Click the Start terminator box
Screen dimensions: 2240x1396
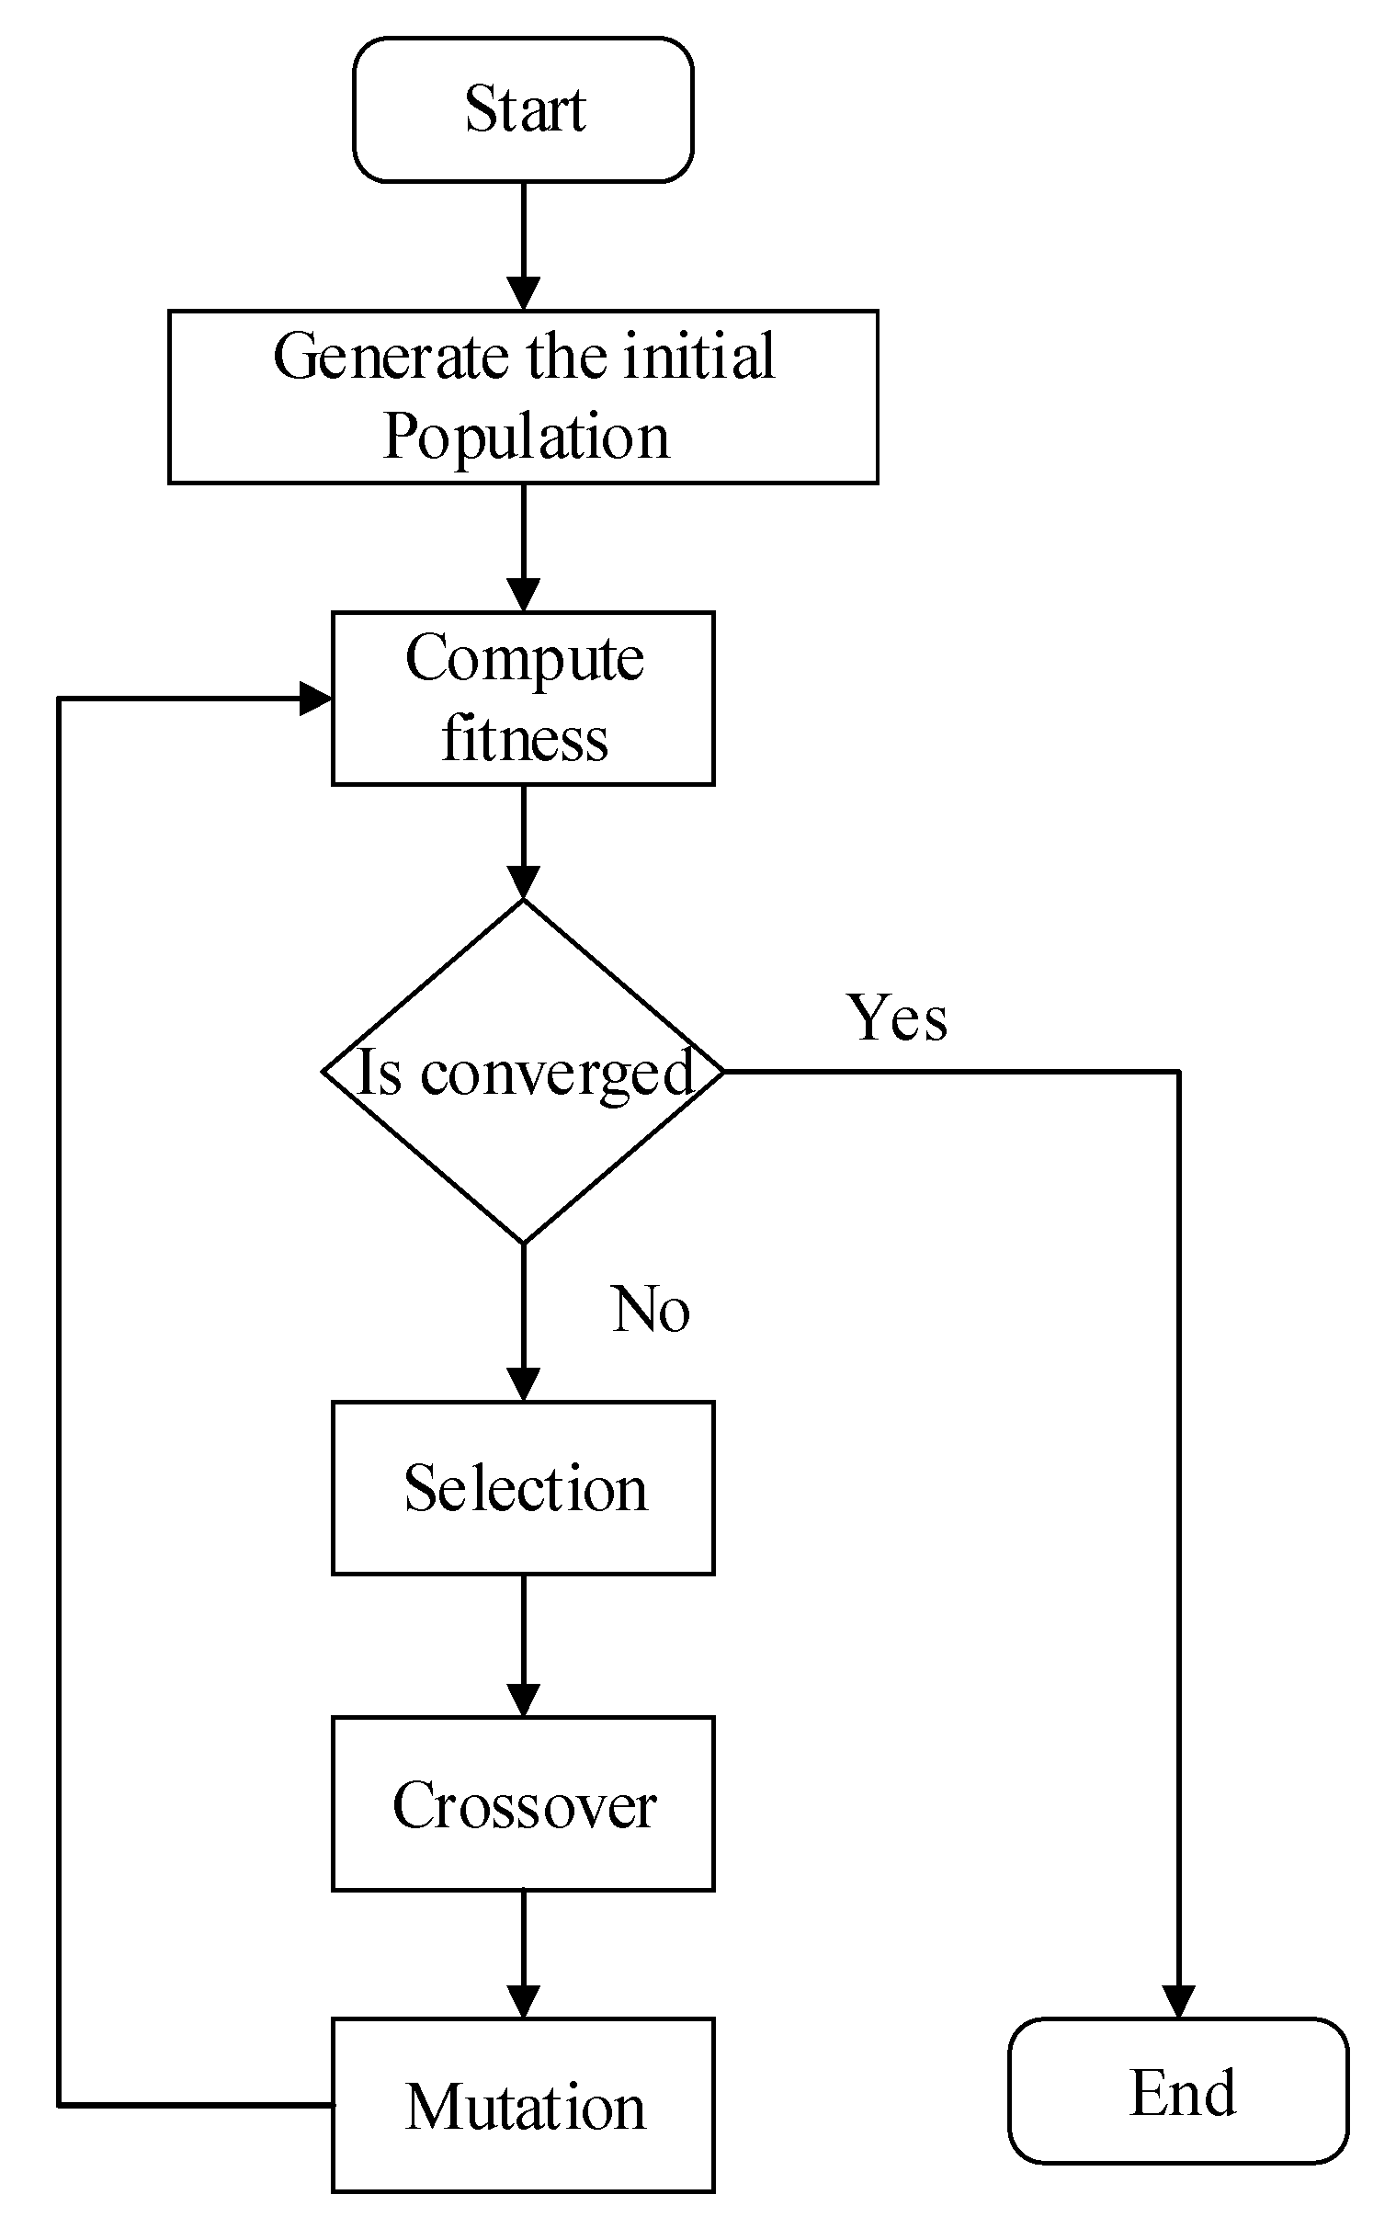click(x=523, y=110)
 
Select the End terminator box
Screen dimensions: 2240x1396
click(x=1178, y=2091)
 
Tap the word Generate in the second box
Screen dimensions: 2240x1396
click(x=395, y=357)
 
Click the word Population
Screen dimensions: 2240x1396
click(x=526, y=437)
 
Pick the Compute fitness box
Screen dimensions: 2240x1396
click(x=523, y=699)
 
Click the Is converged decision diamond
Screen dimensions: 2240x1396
click(x=523, y=1072)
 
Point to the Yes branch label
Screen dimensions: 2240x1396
click(x=896, y=1018)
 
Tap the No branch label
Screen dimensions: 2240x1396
click(x=650, y=1309)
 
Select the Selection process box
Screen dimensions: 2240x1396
click(x=523, y=1488)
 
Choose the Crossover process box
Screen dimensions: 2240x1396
click(x=523, y=1804)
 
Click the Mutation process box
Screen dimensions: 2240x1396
click(x=523, y=2106)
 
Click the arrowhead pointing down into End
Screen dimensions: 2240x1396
click(x=1178, y=2002)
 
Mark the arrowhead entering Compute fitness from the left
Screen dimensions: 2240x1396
click(x=315, y=699)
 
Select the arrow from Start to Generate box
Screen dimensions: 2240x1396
click(x=524, y=244)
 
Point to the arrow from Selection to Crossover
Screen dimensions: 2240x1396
click(x=524, y=1645)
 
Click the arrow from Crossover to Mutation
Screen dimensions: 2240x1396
click(x=524, y=1954)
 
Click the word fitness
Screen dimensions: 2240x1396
click(x=525, y=740)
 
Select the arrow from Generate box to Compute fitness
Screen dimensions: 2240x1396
click(x=524, y=547)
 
